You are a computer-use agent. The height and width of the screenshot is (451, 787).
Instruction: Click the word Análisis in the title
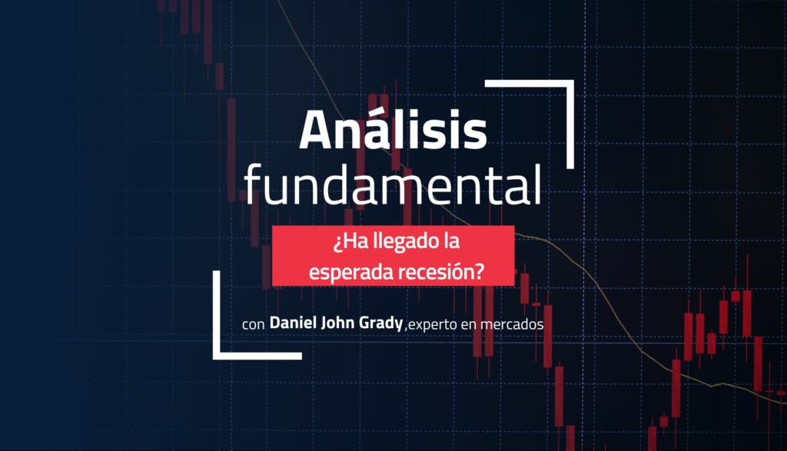[393, 131]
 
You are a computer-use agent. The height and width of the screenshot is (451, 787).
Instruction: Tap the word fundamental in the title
[392, 185]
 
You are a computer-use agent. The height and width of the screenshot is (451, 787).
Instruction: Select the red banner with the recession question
[393, 256]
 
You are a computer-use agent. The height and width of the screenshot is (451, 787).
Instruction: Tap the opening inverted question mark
[336, 244]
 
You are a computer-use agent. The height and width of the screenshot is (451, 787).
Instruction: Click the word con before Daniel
[253, 326]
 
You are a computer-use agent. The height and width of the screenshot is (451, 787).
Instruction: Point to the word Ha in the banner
[352, 243]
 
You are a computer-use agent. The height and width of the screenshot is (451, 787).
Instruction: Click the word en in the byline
[469, 326]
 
